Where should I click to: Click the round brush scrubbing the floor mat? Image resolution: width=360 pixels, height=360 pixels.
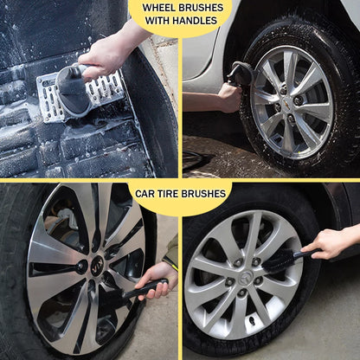click(74, 92)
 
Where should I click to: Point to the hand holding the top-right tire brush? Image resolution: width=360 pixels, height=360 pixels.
click(228, 96)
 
